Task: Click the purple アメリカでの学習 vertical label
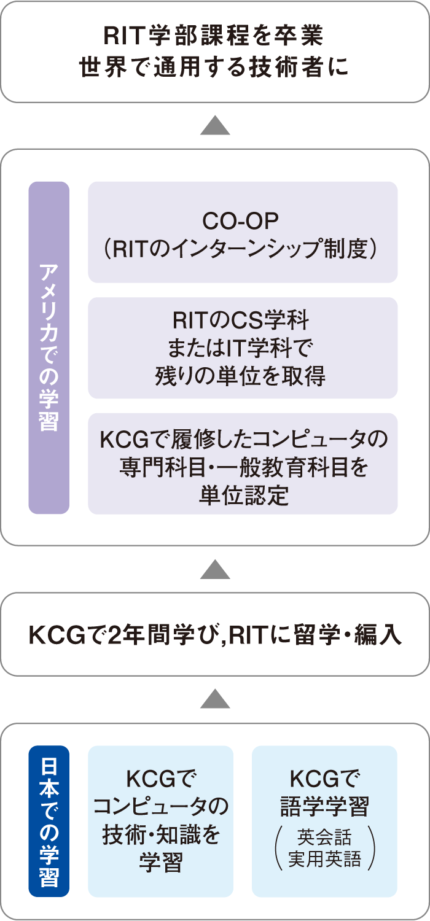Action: [49, 348]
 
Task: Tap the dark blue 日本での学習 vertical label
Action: [49, 821]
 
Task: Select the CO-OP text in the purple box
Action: [240, 221]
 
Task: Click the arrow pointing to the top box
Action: [215, 125]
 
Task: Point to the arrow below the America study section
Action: [215, 569]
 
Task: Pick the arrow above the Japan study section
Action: [215, 699]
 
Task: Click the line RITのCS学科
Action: [241, 321]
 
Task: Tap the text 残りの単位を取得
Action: [240, 376]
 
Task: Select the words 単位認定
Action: [244, 495]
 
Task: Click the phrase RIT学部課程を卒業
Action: [214, 36]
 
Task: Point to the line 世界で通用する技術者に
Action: [214, 67]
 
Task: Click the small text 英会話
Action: [324, 836]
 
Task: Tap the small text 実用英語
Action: [325, 859]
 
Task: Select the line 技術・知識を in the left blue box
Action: [161, 834]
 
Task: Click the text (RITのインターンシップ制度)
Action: [240, 249]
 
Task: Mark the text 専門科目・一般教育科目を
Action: [244, 467]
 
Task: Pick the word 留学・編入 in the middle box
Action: [347, 634]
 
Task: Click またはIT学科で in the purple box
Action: [241, 348]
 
